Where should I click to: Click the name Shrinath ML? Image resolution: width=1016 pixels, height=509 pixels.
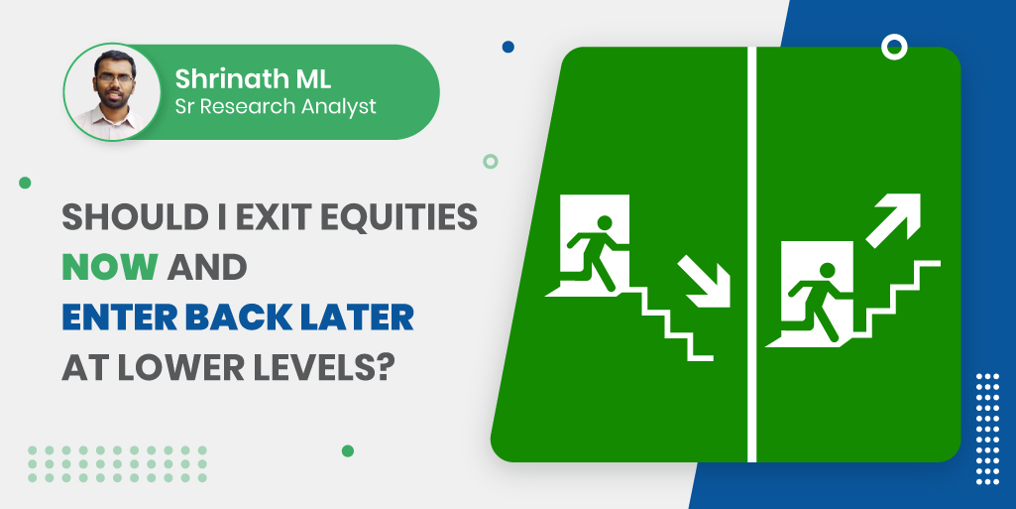[253, 79]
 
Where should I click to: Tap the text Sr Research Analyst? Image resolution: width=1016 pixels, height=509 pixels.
[276, 107]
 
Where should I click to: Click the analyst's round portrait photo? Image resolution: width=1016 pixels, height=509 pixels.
[111, 91]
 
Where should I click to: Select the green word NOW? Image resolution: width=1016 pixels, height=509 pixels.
[110, 267]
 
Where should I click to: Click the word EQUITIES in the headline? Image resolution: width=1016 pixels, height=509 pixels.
[400, 218]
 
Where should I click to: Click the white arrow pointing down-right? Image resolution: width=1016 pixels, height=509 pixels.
[705, 282]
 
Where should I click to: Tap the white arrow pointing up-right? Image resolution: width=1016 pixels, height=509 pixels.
[893, 220]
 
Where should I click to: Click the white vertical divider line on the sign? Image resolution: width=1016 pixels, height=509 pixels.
[751, 254]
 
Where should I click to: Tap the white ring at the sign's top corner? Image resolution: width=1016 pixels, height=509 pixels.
[894, 47]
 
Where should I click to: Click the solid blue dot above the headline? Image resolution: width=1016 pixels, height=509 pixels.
[508, 47]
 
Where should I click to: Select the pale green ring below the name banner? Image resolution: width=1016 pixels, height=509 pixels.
[491, 162]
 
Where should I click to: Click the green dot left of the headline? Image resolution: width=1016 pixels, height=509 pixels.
[25, 183]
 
